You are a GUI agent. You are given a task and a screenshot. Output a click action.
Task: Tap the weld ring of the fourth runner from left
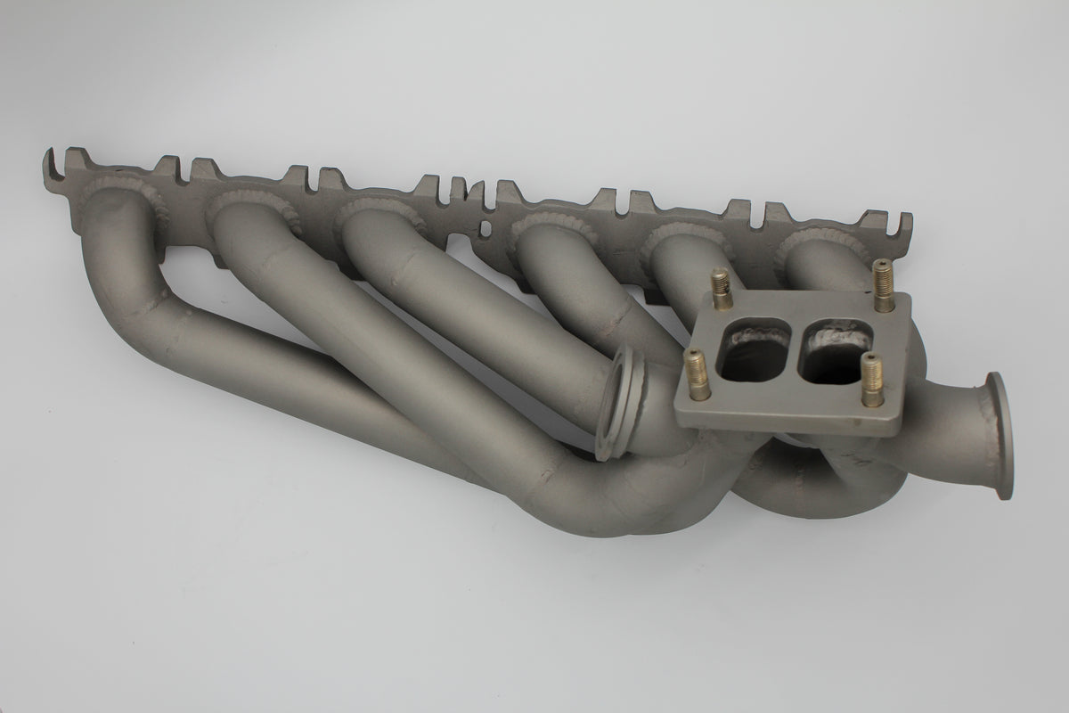545,228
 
